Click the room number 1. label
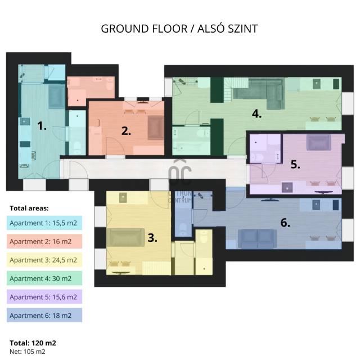42,126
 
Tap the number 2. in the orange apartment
126,131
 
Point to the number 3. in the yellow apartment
152,237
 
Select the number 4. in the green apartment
256,114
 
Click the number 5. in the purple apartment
295,164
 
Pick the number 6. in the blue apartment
285,223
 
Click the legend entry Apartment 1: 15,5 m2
43,223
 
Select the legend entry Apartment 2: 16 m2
40,241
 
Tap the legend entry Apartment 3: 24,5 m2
43,260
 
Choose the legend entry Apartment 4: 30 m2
40,278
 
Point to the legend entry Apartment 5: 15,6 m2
43,297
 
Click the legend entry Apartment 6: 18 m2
40,316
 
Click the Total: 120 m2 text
33,343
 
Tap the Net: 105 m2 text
28,352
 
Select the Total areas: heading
29,208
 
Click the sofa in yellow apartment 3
125,237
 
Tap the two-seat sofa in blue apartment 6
257,238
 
